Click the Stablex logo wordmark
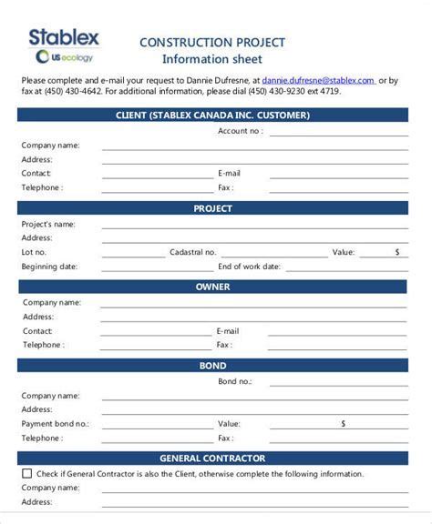(64, 37)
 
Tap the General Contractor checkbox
(26, 473)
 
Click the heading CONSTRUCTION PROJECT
(211, 43)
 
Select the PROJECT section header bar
(212, 208)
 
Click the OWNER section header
(212, 287)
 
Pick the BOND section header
(212, 366)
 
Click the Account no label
(241, 131)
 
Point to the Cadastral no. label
(193, 252)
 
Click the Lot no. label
(35, 252)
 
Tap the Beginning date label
(49, 267)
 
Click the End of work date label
(248, 267)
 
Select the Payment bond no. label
(56, 424)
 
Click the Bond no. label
(235, 381)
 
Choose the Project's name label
(48, 224)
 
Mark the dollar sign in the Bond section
(344, 423)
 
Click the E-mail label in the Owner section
(228, 331)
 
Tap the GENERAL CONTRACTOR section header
(212, 458)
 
